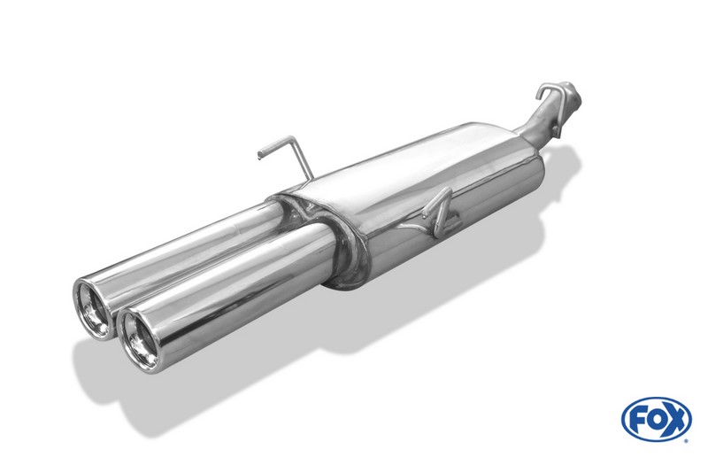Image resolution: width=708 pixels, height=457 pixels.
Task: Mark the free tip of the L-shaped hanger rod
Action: click(x=258, y=158)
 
